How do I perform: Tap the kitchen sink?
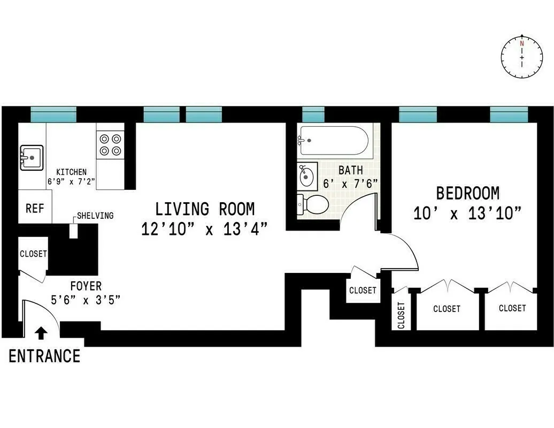point(32,158)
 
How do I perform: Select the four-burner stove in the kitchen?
point(110,144)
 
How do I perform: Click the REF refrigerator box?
point(35,208)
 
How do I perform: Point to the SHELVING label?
point(95,216)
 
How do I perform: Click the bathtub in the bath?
point(334,140)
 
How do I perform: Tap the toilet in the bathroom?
point(315,204)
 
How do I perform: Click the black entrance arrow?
point(41,333)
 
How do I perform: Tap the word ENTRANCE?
point(44,356)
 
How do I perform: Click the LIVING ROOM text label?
point(205,209)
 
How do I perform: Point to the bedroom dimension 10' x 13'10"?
point(467,214)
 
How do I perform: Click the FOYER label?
point(85,286)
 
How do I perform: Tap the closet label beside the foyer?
point(33,254)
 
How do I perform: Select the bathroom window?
point(313,114)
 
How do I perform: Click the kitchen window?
point(53,114)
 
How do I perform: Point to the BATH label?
point(350,170)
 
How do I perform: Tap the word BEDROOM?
point(468,193)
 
